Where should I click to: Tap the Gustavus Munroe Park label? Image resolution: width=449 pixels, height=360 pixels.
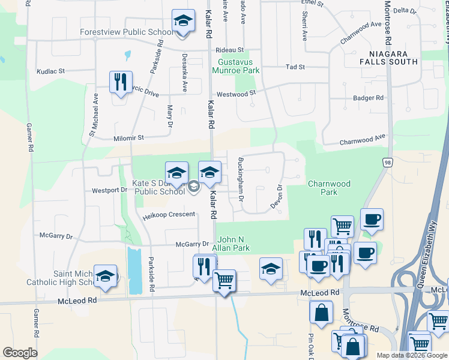[x=239, y=66]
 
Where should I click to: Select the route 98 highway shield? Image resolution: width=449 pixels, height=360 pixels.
[x=388, y=162]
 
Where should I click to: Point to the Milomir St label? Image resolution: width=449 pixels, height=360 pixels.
[x=129, y=138]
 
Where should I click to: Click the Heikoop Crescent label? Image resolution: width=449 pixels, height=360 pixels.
[x=169, y=215]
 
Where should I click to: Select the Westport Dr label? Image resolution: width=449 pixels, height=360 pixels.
[x=110, y=190]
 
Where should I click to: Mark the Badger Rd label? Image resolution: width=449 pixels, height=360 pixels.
[x=368, y=98]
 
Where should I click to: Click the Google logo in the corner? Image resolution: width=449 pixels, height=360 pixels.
[x=20, y=353]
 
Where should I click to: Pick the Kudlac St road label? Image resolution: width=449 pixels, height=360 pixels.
[x=50, y=71]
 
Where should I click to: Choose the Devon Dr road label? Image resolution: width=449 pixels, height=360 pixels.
[x=277, y=197]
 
